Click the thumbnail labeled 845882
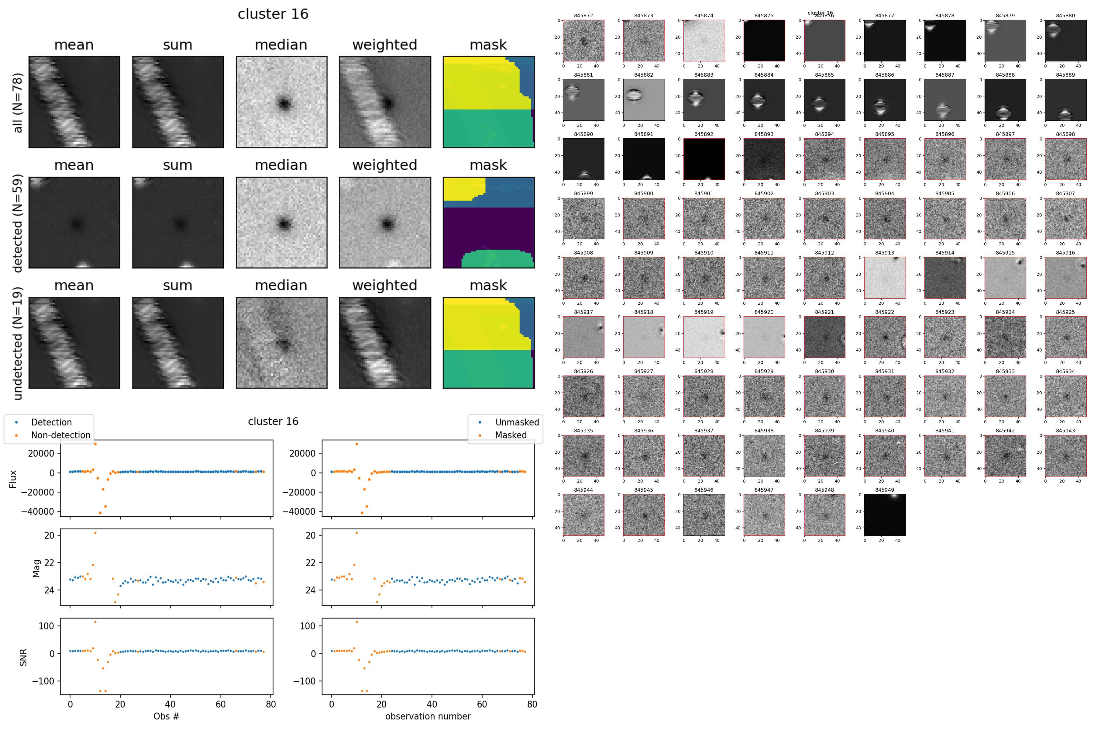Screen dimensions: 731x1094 point(643,100)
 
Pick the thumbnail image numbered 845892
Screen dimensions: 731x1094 point(704,159)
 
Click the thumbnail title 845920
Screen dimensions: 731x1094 point(764,312)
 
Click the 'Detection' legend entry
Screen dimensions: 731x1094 point(51,422)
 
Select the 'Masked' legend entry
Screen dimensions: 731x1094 point(511,435)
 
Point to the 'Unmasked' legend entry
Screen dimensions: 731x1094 point(517,422)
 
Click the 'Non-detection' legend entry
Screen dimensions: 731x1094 point(60,435)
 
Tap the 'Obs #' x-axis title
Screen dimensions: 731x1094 point(166,716)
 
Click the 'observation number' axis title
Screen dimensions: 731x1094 point(428,716)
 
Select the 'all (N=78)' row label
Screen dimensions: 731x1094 point(18,102)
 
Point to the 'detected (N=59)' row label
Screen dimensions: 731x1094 point(18,223)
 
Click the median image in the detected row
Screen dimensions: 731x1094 point(281,223)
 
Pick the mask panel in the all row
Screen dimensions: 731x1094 point(488,102)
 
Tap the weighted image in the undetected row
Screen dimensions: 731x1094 point(385,343)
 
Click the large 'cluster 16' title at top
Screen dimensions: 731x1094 point(273,14)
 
